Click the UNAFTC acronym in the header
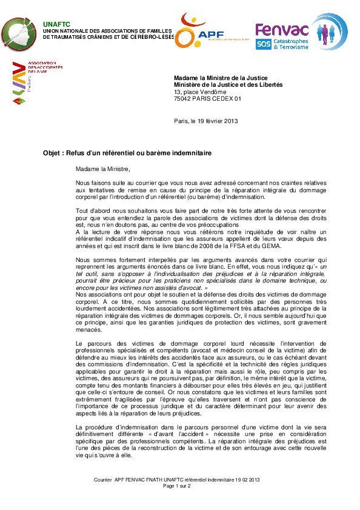click(x=53, y=24)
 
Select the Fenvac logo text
click(x=281, y=29)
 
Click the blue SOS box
click(x=264, y=44)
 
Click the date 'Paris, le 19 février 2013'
click(x=206, y=120)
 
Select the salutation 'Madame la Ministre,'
click(x=103, y=169)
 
